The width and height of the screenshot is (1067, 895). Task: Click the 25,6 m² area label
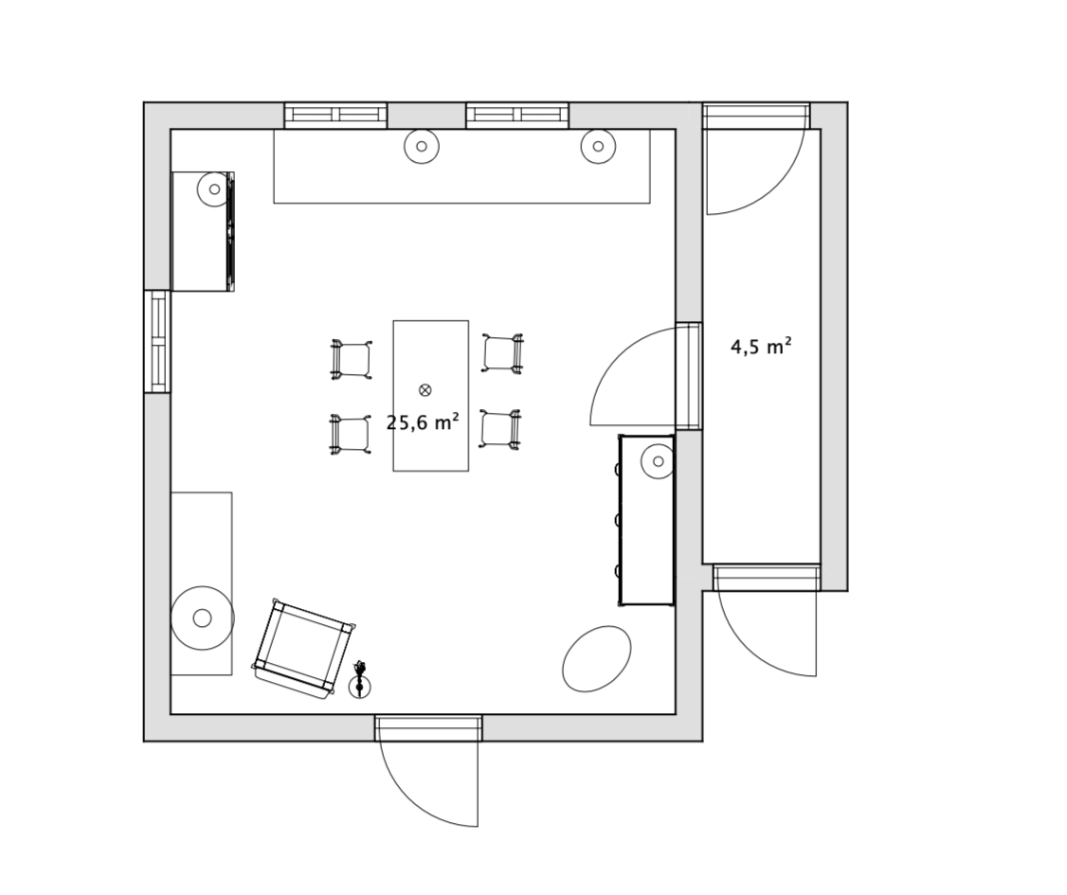click(423, 422)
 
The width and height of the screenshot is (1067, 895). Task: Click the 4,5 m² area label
click(761, 347)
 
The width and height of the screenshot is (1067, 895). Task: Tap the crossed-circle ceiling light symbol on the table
click(425, 389)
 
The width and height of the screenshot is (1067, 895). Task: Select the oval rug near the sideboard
click(597, 658)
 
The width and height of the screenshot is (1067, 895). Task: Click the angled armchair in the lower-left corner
click(305, 649)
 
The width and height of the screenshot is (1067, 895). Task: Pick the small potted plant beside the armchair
click(360, 680)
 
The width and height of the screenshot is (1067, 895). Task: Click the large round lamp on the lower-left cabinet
click(202, 618)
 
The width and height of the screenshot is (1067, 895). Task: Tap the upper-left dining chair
click(352, 358)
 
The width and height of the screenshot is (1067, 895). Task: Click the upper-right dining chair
click(503, 353)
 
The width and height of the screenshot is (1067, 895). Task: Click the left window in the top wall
click(335, 115)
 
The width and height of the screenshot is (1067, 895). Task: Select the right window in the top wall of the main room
click(517, 115)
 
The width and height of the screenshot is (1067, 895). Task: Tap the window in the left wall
click(156, 341)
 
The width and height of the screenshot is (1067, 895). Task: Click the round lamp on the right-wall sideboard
click(658, 462)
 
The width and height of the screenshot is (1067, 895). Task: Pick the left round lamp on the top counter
click(422, 146)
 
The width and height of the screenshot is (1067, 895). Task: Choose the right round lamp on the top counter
click(598, 146)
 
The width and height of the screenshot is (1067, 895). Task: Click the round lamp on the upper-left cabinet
click(214, 189)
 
